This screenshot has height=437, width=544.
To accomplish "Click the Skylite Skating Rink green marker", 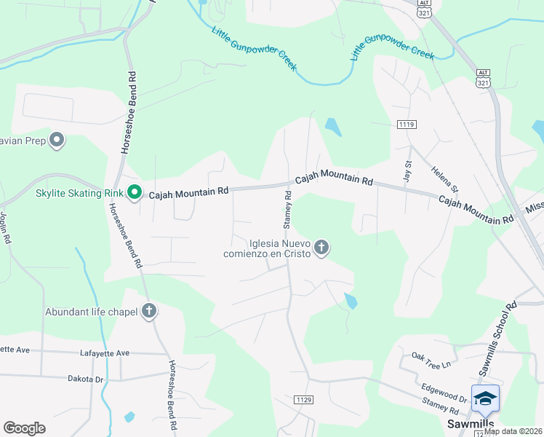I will pos(134,193).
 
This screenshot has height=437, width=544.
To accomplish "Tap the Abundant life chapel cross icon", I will pos(149,311).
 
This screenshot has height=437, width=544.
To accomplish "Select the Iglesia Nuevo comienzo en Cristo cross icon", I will pos(321,248).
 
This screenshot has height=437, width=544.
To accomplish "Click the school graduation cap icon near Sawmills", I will pos(485,398).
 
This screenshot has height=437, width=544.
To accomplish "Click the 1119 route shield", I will pos(407,125).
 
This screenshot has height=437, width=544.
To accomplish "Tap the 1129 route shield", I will pos(303,400).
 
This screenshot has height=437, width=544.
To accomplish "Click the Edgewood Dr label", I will pos(442,391).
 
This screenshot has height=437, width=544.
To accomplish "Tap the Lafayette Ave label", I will pos(103,353).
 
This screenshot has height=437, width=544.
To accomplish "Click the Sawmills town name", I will pos(470,424).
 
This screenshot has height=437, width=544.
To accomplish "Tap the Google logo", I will pos(24,428).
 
